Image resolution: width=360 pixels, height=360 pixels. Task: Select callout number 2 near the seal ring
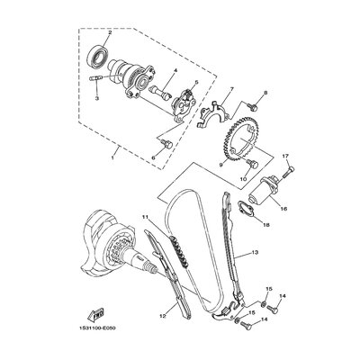[x=109, y=32]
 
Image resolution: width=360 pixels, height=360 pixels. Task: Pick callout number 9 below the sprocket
[x=219, y=166]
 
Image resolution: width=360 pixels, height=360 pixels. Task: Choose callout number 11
[x=144, y=217]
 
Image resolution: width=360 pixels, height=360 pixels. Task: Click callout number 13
[x=256, y=255]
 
